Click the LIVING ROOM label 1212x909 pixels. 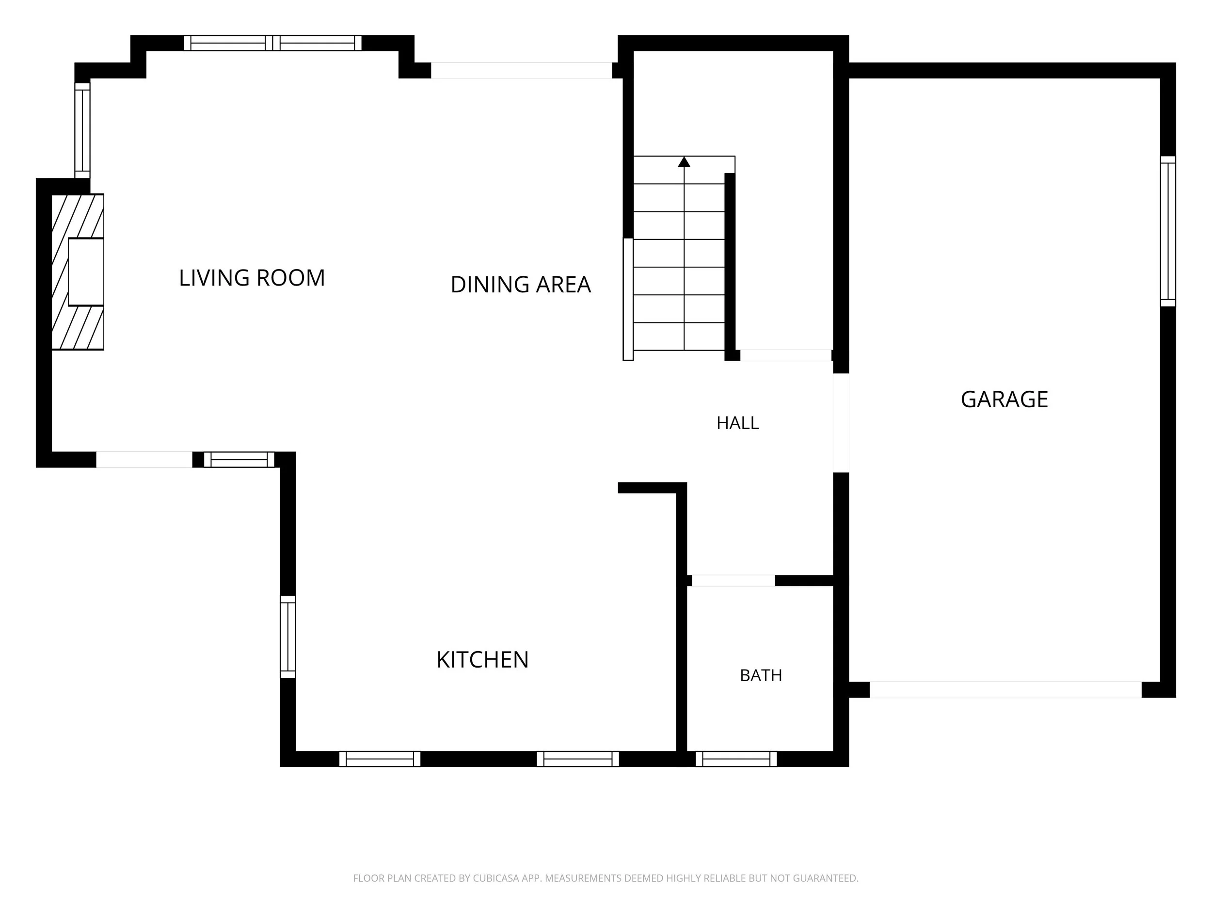(252, 278)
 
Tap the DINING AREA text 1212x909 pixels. (521, 285)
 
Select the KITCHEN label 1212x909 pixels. (482, 660)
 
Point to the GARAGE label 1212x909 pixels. (1005, 399)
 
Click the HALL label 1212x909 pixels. (737, 423)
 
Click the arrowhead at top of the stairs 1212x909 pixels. (684, 161)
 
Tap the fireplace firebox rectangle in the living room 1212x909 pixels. (86, 272)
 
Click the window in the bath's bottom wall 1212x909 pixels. (736, 759)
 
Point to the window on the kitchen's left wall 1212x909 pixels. (287, 637)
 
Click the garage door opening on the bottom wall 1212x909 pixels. (1005, 690)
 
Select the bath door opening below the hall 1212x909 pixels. (733, 581)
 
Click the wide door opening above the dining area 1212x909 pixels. (521, 71)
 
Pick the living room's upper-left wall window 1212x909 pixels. (82, 130)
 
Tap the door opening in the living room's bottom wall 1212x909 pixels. (144, 460)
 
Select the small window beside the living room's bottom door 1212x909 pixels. (239, 460)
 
